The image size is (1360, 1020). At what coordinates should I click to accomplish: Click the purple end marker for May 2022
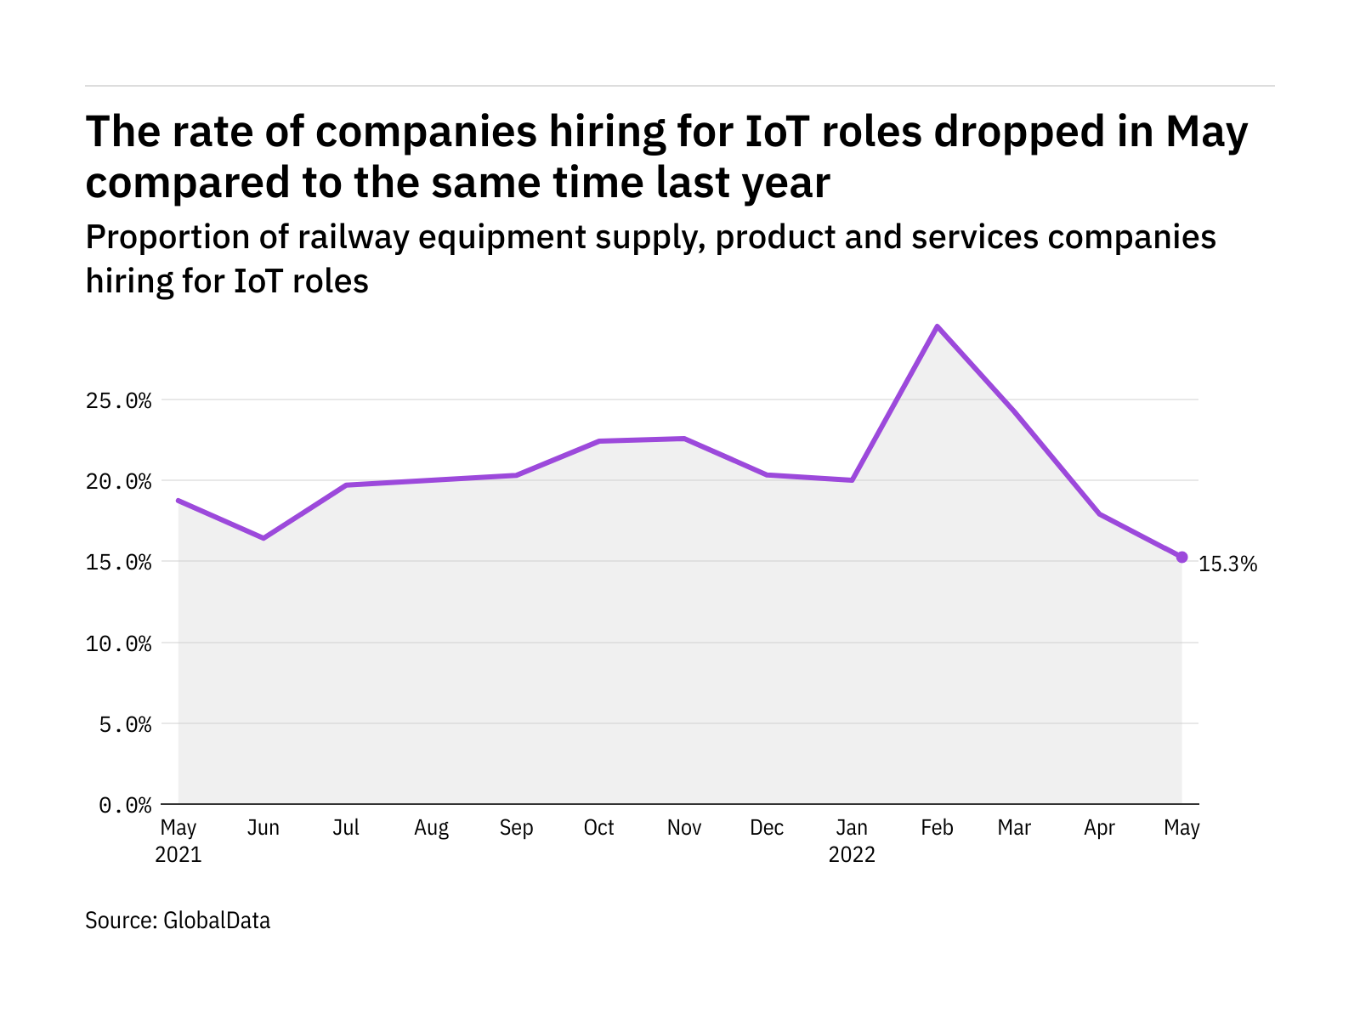pos(1181,557)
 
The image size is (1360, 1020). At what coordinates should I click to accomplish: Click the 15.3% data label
pos(1227,564)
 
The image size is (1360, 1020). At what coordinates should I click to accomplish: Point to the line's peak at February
pos(937,326)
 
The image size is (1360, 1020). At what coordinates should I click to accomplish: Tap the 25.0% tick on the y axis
pos(118,400)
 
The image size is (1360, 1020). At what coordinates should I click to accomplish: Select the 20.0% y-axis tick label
pos(118,482)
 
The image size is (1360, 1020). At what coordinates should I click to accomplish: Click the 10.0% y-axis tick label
pos(118,643)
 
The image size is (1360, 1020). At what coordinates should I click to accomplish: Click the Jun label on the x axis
pos(263,828)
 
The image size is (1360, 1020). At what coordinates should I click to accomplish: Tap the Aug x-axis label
pos(431,828)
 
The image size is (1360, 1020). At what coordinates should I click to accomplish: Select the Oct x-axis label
pos(598,828)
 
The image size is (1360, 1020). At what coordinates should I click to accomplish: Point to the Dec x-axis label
pos(767,828)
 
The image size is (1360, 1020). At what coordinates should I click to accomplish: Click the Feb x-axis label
pos(937,828)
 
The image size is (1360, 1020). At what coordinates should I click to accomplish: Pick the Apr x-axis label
pos(1099,828)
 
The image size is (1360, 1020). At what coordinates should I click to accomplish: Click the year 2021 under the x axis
pos(178,854)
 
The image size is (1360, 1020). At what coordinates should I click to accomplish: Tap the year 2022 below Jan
pos(852,854)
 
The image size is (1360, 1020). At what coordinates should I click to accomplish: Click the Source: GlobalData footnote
pos(178,921)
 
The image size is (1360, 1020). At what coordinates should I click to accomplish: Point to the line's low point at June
pos(263,538)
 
